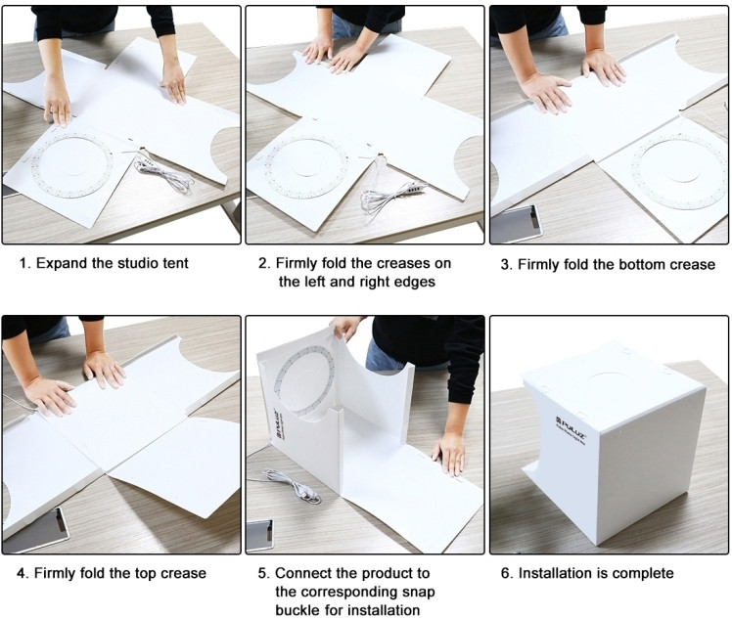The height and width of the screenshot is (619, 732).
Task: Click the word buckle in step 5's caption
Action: click(x=299, y=610)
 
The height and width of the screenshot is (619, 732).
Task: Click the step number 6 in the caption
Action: click(x=506, y=573)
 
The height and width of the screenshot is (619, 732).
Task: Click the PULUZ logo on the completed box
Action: click(x=571, y=428)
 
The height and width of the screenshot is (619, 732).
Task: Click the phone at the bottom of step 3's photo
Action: click(x=516, y=225)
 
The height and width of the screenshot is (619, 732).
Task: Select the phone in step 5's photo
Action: click(x=260, y=537)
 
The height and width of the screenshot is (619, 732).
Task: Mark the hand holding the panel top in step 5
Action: click(x=345, y=327)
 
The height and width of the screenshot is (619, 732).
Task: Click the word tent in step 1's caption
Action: click(x=175, y=264)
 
